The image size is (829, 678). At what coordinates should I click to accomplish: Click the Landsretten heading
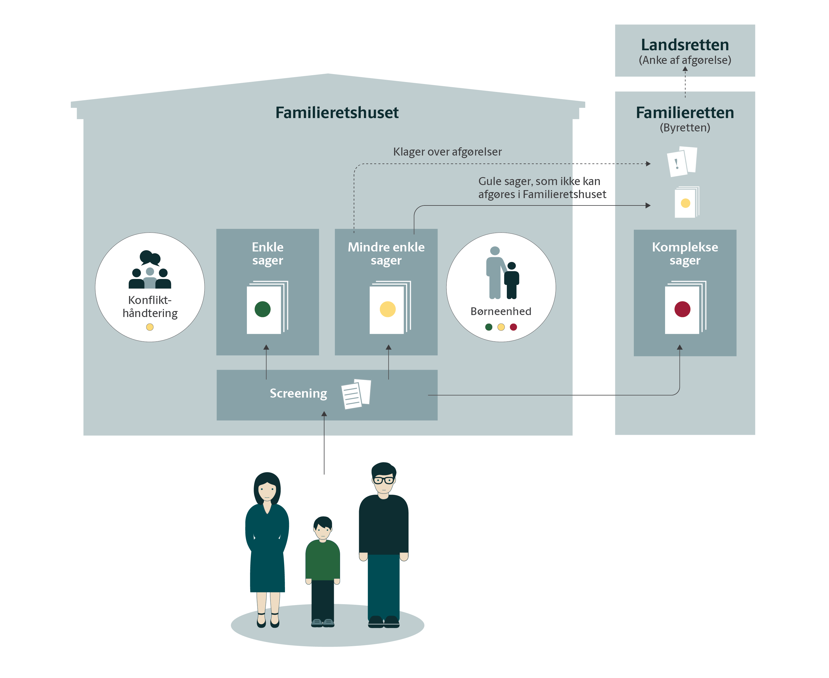684,45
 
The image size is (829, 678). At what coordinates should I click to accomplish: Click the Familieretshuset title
337,112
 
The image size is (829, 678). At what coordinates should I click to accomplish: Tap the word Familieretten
684,112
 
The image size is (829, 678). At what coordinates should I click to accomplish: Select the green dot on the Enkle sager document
262,309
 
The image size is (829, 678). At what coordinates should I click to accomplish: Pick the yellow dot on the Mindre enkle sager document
387,309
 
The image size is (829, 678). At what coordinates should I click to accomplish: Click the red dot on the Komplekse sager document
682,309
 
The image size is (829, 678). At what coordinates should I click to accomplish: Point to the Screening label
298,393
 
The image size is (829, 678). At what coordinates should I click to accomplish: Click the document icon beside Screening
356,394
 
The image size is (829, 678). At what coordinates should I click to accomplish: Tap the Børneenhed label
501,311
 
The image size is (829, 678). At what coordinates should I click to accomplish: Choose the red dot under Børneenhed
513,327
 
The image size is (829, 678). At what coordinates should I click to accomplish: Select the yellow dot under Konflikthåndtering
150,327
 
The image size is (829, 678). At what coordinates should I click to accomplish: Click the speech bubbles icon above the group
150,258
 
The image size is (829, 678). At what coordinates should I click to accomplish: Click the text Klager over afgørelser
447,152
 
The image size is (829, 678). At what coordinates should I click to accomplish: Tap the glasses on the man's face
384,480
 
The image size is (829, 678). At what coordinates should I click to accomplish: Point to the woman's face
267,490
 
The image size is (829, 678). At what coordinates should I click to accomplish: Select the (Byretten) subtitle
684,128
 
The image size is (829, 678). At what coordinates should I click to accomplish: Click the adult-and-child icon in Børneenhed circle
502,273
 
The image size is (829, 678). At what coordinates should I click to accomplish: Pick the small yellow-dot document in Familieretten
686,203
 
